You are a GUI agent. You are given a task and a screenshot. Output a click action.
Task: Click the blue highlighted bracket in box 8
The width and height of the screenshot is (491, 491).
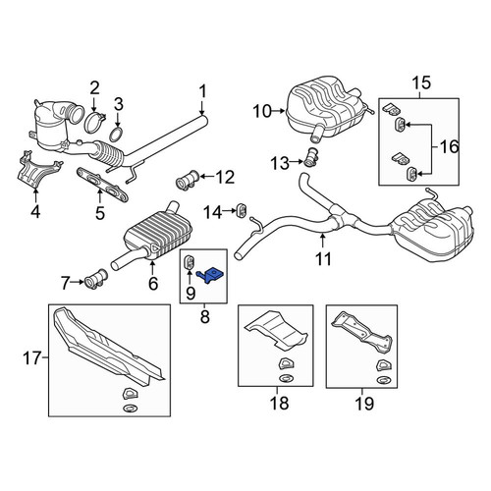(x=211, y=275)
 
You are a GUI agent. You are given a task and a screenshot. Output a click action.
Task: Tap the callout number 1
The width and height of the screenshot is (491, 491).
(x=203, y=91)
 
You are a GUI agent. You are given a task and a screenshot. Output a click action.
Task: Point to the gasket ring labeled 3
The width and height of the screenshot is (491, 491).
(x=116, y=135)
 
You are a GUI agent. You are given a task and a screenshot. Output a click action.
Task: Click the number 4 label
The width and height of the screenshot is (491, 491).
(x=35, y=211)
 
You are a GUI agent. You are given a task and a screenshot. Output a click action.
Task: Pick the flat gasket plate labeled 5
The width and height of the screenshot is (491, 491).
(x=102, y=185)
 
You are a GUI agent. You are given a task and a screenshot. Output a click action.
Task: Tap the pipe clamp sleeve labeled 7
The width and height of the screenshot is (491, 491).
(x=96, y=279)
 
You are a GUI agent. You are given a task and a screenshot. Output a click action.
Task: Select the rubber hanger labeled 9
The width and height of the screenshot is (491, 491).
(x=190, y=261)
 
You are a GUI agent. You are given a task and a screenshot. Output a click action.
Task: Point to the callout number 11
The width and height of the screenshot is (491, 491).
(x=323, y=258)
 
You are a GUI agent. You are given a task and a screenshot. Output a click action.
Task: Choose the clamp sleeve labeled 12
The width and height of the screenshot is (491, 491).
(x=187, y=180)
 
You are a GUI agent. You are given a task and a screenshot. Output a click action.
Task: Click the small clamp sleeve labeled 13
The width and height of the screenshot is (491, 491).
(x=310, y=158)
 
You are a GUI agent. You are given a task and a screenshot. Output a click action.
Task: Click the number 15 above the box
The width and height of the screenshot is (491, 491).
(x=421, y=82)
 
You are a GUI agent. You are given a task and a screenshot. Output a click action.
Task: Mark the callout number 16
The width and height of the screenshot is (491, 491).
(x=450, y=146)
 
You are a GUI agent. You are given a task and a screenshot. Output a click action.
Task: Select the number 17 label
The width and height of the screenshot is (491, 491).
(x=31, y=358)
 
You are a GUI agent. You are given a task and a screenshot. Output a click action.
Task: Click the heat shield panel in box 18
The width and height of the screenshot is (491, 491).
(x=277, y=329)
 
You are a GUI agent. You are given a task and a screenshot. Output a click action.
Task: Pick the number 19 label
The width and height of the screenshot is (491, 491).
(x=364, y=404)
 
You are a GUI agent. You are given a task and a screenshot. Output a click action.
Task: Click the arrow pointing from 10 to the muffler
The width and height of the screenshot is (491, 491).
(x=279, y=111)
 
